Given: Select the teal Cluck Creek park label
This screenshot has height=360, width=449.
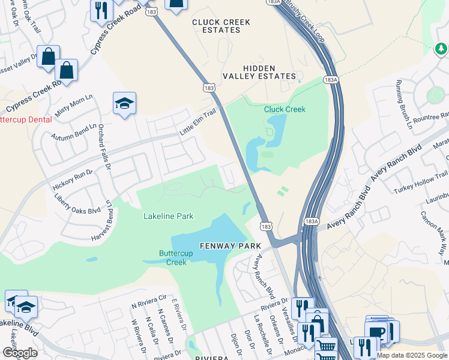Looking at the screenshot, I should point(285,109).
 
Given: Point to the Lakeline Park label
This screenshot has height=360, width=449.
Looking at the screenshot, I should point(168,216).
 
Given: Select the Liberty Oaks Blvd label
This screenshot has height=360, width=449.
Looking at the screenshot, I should point(77,203).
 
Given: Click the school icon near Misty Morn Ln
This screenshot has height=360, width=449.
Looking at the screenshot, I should point(124,104).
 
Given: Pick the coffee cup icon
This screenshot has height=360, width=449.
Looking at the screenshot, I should point(377,332).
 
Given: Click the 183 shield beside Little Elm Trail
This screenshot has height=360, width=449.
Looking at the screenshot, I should point(209,88).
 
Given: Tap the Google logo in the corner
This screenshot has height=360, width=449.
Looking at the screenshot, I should point(20,353).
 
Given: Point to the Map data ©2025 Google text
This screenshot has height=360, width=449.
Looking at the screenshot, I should point(412,355).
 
